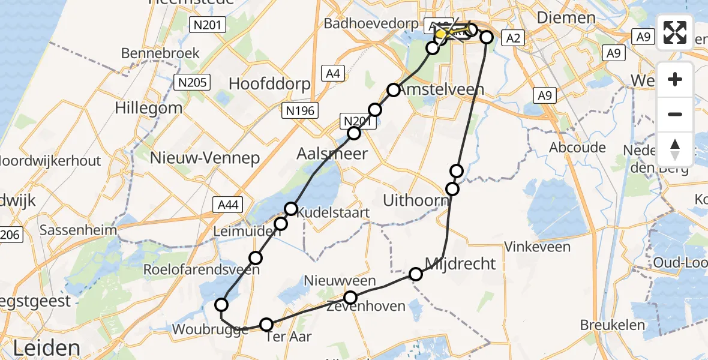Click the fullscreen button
675,32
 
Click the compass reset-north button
675,149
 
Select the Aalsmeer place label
332,154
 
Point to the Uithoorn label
416,200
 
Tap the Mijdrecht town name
460,263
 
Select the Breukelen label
612,325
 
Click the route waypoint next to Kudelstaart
291,209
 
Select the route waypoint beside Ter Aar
266,325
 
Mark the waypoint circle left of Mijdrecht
416,274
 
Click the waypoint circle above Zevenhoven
350,297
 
